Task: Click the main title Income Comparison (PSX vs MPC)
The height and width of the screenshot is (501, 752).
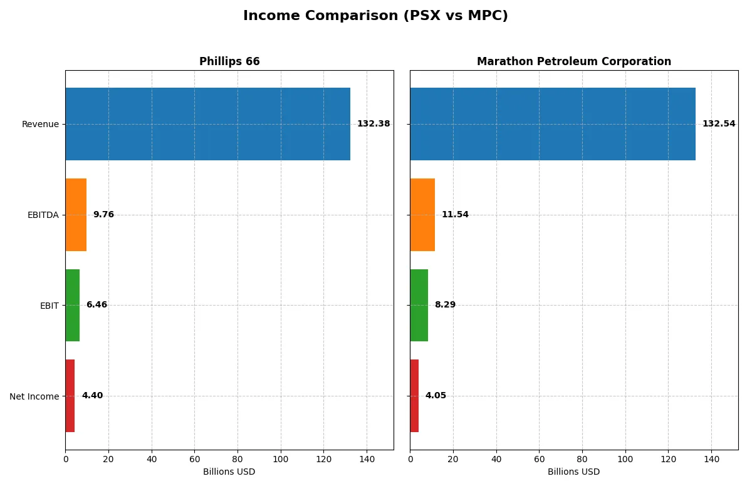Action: [375, 16]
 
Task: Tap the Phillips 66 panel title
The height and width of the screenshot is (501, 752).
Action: [229, 61]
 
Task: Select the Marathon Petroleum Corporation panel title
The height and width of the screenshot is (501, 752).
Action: [573, 61]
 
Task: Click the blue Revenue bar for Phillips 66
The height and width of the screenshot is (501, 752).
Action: [207, 124]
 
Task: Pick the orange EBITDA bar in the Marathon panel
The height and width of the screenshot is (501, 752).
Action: [422, 215]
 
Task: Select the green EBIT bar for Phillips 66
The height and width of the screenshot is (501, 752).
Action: [72, 305]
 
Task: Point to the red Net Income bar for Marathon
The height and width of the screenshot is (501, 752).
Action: [414, 396]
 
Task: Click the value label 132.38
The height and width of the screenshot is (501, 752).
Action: [373, 124]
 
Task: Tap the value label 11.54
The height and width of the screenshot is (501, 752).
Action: [455, 215]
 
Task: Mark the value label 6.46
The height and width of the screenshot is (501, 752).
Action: [97, 305]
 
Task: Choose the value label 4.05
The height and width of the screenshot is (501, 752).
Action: [436, 396]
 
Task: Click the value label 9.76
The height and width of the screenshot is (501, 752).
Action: [103, 215]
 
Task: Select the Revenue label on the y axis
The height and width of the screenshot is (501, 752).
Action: [40, 124]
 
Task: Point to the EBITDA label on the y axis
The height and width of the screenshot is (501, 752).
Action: [43, 215]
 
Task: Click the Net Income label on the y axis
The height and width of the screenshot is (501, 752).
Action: [34, 396]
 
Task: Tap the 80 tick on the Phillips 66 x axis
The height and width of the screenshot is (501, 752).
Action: [238, 459]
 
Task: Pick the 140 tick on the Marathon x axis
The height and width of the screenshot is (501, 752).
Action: [711, 459]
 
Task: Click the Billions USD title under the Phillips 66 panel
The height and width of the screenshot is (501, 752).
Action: [229, 472]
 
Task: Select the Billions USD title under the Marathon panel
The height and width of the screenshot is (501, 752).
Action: [573, 472]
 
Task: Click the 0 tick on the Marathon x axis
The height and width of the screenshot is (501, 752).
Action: [410, 459]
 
